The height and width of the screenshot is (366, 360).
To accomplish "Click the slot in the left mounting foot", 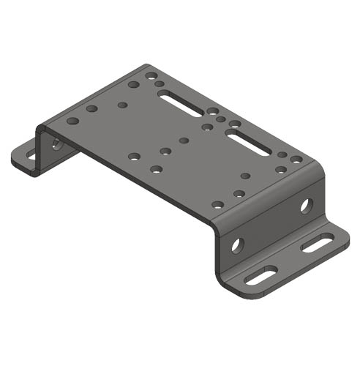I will pyautogui.click(x=31, y=155).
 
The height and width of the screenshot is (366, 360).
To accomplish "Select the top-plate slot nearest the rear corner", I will pyautogui.click(x=179, y=103).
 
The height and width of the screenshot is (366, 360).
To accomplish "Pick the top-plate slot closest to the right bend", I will pyautogui.click(x=247, y=141).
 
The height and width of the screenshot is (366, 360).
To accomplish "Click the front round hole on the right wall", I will pyautogui.click(x=236, y=244).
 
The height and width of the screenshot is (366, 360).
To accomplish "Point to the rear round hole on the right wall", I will pyautogui.click(x=305, y=206).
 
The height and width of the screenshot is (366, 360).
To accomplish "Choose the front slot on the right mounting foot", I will pyautogui.click(x=261, y=276).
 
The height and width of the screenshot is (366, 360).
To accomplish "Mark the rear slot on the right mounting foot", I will pyautogui.click(x=318, y=243).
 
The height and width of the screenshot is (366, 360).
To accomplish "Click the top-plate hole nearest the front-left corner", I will pyautogui.click(x=72, y=121).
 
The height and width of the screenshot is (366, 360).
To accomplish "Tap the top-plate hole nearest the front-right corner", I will pyautogui.click(x=217, y=204).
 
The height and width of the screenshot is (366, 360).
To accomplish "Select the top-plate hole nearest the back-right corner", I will pyautogui.click(x=296, y=159).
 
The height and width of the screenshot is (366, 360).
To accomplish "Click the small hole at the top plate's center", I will pyautogui.click(x=184, y=140).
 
